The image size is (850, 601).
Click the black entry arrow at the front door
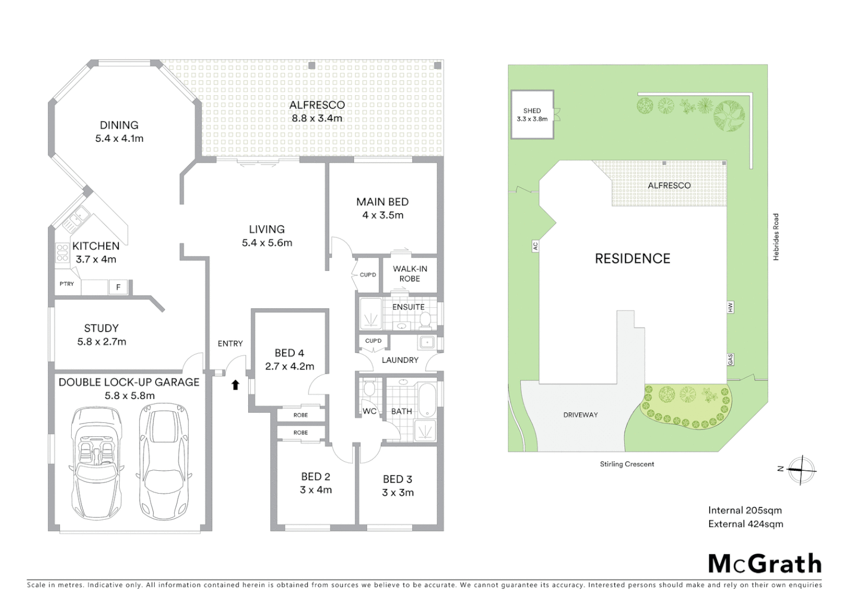point(235,385)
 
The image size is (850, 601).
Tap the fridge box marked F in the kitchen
point(118,287)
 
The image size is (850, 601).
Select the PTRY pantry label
point(67,284)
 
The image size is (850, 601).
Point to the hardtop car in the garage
point(164,455)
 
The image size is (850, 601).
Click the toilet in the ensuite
point(426,319)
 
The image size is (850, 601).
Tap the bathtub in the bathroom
point(428,399)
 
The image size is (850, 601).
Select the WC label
point(369,411)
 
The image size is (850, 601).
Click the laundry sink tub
point(427,342)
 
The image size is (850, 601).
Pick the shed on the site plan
point(532,115)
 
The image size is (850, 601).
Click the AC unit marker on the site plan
point(535,245)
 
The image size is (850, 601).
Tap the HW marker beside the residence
point(730,307)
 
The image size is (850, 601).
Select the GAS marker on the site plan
point(730,359)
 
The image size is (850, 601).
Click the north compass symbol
point(801,470)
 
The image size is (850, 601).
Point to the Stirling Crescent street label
point(627,464)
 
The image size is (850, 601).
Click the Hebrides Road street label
point(776,237)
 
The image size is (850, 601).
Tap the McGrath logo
point(765,564)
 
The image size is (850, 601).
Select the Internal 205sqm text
point(744,510)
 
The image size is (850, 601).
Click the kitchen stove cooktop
point(62,253)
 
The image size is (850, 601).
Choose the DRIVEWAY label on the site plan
point(580,415)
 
